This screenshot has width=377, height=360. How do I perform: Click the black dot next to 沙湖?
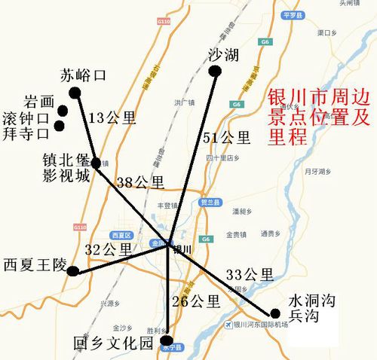tap(214, 72)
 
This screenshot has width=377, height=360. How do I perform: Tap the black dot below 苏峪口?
tap(75, 93)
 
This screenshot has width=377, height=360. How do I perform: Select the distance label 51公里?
tap(227, 137)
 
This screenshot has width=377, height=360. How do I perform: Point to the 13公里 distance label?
tap(112, 117)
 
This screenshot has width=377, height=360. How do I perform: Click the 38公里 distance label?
tap(140, 182)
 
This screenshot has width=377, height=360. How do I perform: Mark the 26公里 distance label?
tap(195, 301)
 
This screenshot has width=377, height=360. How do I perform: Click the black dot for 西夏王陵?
tap(72, 271)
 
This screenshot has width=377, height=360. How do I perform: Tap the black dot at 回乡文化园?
tap(167, 339)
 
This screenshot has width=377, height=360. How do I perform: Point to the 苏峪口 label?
tap(84, 75)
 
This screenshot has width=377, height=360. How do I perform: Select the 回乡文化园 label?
tap(114, 343)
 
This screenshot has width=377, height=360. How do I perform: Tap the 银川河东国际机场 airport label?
tap(261, 325)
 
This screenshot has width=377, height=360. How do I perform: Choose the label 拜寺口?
tap(26, 133)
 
